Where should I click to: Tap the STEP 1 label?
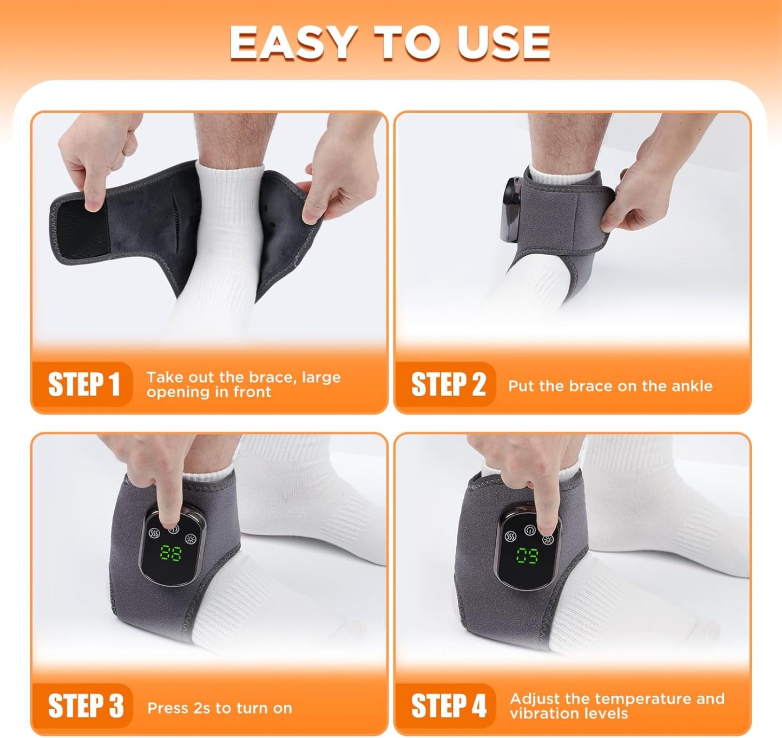[x=83, y=384]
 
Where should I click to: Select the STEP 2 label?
[x=448, y=384]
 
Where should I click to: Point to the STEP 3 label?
[x=86, y=705]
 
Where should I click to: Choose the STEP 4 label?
[x=448, y=705]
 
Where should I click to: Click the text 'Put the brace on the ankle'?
[x=610, y=386]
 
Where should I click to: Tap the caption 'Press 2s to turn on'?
[x=219, y=708]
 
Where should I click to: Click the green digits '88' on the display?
[x=171, y=553]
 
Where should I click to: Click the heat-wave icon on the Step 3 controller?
[x=154, y=532]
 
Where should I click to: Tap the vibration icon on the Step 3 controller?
[x=190, y=539]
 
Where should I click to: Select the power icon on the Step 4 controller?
[x=529, y=530]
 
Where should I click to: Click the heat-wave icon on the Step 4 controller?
[x=510, y=536]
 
